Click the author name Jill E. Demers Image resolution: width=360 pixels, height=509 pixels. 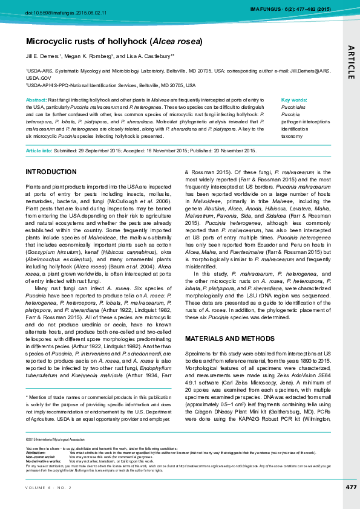pos(42,56)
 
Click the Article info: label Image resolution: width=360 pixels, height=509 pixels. pos(39,151)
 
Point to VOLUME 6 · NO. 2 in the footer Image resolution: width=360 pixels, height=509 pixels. pos(48,487)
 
